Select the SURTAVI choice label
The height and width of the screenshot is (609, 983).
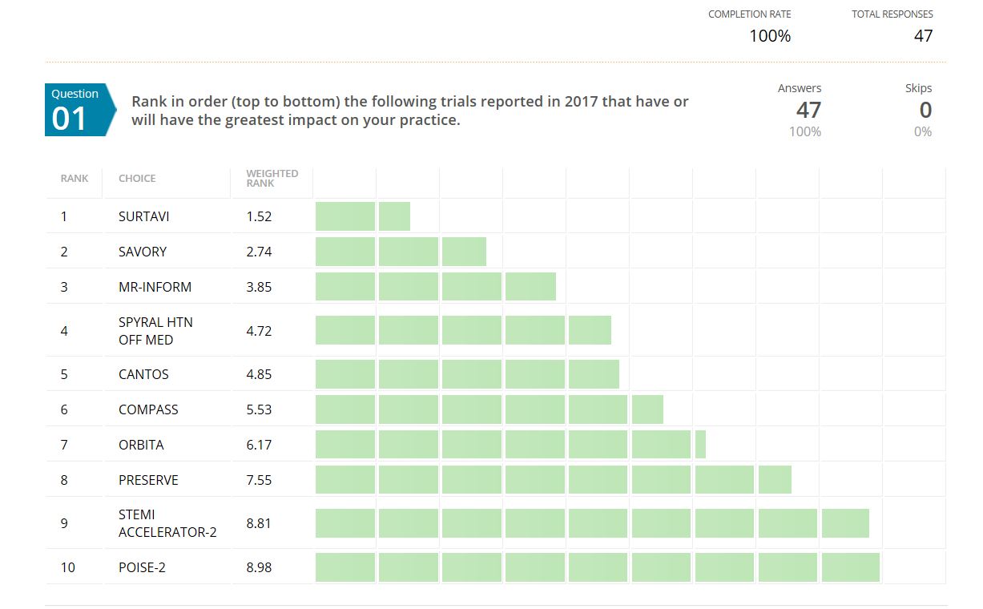click(143, 216)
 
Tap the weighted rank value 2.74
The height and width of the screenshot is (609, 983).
click(259, 252)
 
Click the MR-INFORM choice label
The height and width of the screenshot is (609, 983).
click(155, 287)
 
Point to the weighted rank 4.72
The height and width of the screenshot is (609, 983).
click(259, 331)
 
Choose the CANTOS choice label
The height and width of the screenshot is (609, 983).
click(143, 374)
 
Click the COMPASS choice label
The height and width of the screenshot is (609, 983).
click(148, 409)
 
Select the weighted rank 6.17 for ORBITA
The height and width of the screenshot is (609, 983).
click(259, 445)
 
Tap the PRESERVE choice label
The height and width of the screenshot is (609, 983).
click(148, 480)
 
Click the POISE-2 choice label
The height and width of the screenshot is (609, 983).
click(142, 567)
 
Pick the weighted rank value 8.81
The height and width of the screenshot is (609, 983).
click(259, 523)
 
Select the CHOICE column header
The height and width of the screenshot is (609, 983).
click(137, 178)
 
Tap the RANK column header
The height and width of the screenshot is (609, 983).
click(75, 178)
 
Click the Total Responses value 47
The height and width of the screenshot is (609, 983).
click(923, 36)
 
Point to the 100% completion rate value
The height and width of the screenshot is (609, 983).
click(770, 36)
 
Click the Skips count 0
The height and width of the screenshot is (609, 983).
click(925, 110)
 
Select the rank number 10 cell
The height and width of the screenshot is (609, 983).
click(67, 567)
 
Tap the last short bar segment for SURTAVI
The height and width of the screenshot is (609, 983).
click(394, 216)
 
